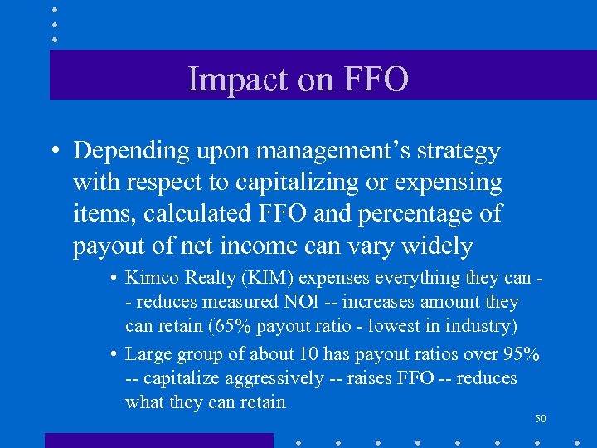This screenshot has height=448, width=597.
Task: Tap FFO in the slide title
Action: click(369, 80)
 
